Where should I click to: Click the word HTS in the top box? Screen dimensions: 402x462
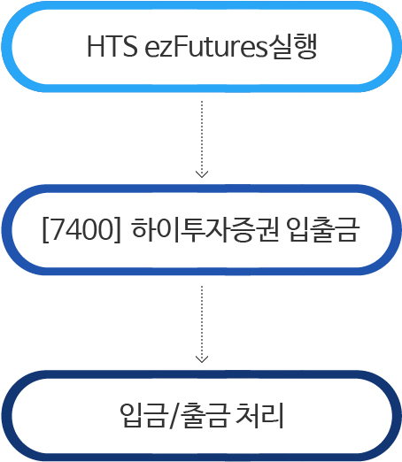(112, 46)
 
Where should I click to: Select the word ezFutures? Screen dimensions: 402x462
(205, 46)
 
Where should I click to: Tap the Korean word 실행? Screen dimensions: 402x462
(292, 46)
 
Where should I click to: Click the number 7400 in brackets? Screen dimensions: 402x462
(82, 229)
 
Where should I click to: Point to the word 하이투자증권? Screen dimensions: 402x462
(205, 230)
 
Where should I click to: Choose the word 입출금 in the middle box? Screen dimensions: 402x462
(323, 230)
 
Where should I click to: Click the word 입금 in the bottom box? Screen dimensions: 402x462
(143, 415)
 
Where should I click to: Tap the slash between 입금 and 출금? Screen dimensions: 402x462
(174, 415)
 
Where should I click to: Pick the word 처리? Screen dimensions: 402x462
(259, 415)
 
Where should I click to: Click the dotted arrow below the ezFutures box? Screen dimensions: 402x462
(202, 139)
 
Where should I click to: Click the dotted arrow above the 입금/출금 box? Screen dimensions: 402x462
(202, 324)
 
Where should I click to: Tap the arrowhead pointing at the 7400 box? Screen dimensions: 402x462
(202, 174)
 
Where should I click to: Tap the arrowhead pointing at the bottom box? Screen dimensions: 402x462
(202, 359)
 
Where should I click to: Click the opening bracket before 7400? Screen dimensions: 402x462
(46, 230)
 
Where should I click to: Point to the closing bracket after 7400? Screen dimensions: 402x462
(117, 230)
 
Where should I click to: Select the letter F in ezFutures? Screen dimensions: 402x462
(180, 46)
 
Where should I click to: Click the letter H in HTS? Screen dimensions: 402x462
(96, 46)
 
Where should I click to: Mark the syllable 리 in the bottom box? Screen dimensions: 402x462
(272, 415)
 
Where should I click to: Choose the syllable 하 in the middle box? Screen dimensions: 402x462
(143, 230)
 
